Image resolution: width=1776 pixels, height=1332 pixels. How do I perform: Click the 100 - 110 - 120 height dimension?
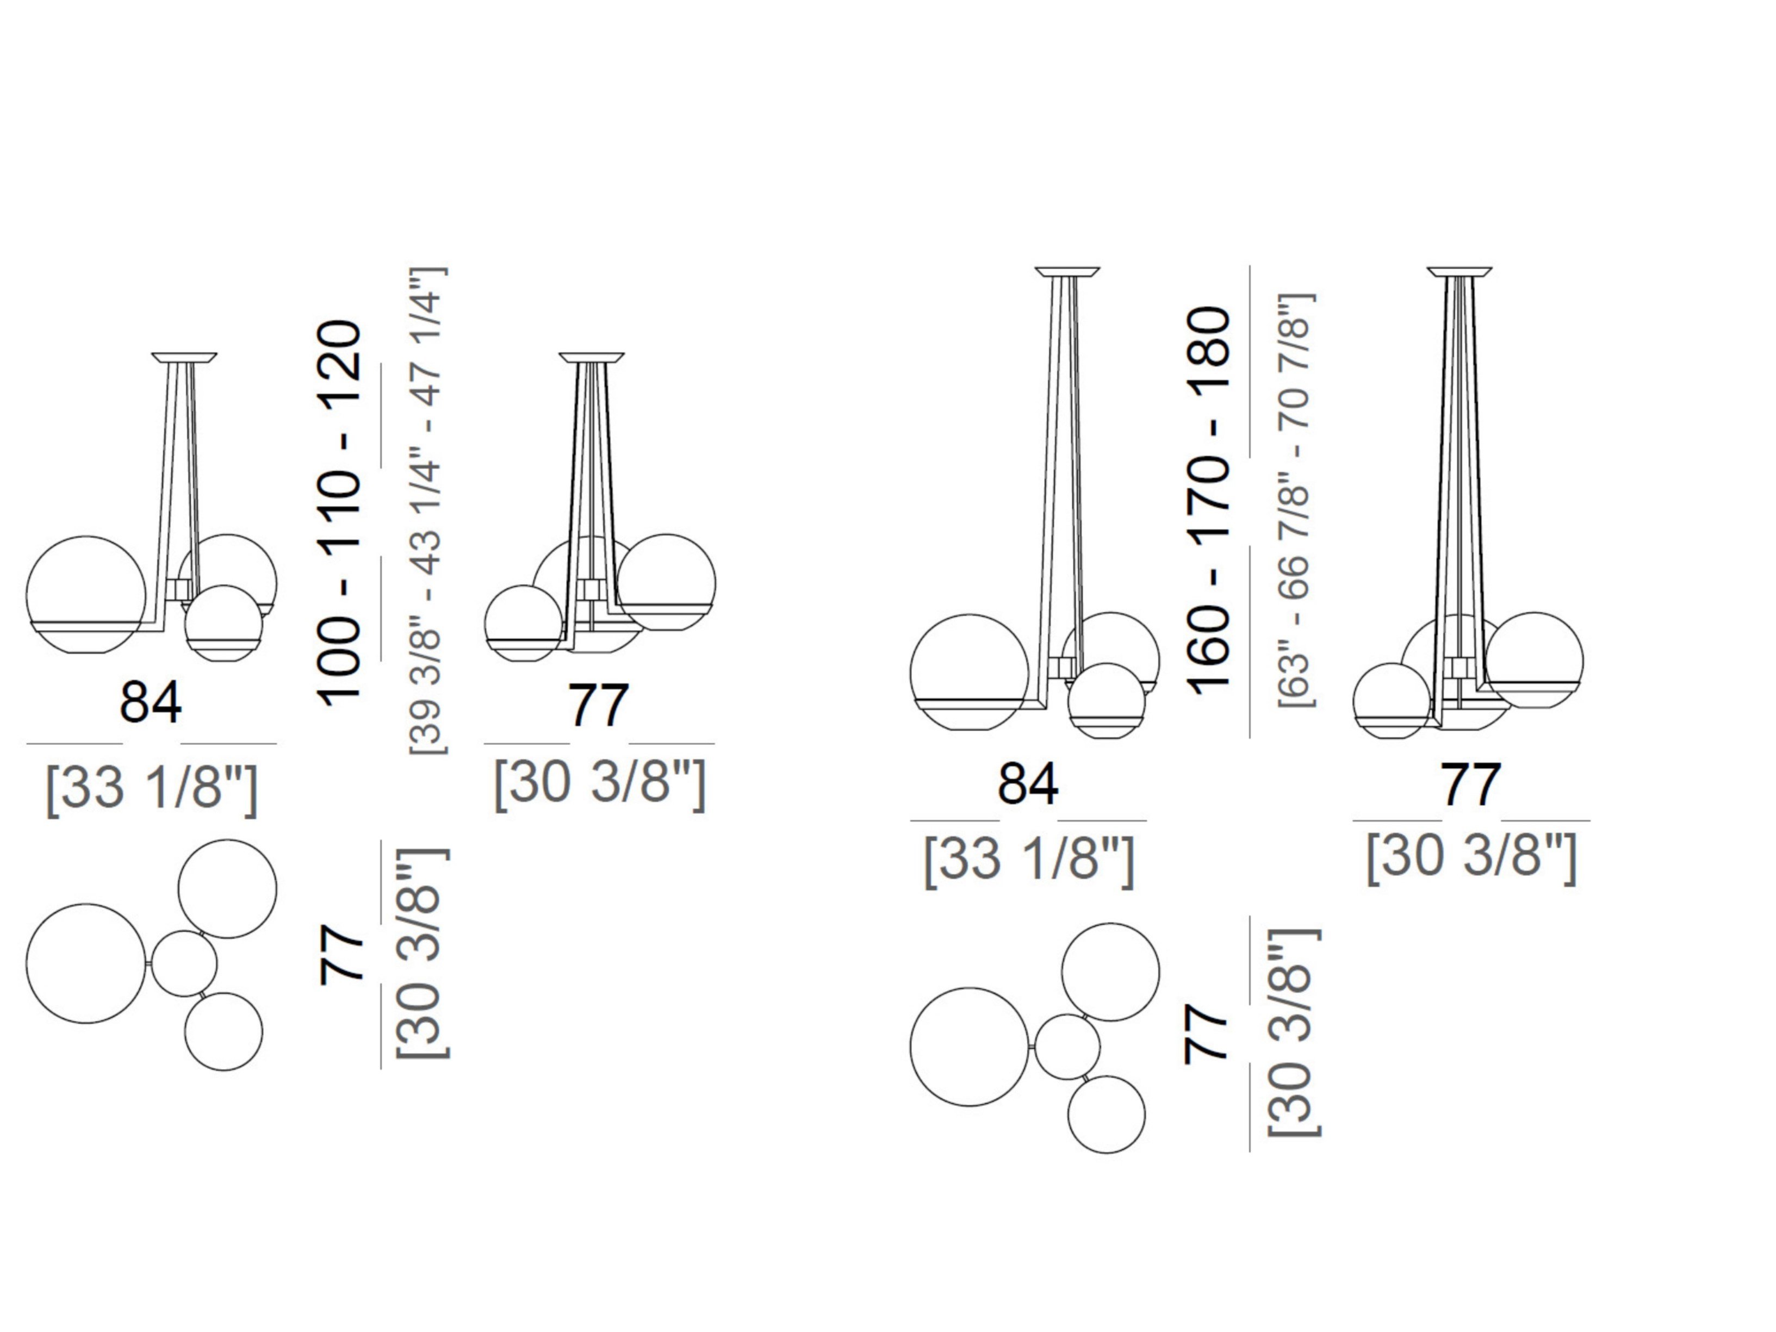point(339,514)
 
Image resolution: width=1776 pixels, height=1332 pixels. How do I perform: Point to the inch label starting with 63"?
point(1296,500)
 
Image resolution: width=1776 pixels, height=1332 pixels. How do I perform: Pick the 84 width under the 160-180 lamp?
point(1028,783)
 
